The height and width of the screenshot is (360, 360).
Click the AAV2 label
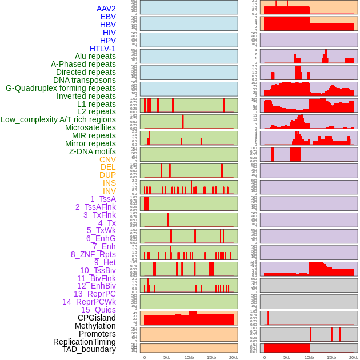pyautogui.click(x=106, y=9)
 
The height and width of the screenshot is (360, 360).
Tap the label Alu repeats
pyautogui.click(x=95, y=57)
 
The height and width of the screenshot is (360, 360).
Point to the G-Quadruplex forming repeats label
pyautogui.click(x=61, y=88)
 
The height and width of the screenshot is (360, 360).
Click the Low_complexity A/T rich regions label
pyautogui.click(x=58, y=120)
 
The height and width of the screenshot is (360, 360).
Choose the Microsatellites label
pyautogui.click(x=90, y=128)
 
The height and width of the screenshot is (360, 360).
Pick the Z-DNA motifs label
pyautogui.click(x=92, y=151)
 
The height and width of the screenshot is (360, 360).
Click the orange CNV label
pyautogui.click(x=107, y=159)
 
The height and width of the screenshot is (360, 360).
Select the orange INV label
pyautogui.click(x=109, y=191)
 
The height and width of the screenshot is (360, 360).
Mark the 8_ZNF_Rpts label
pyautogui.click(x=93, y=254)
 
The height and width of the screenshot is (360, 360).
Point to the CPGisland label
pyautogui.click(x=97, y=318)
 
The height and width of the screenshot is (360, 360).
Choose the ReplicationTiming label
pyautogui.click(x=84, y=342)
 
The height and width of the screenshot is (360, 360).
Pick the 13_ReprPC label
pyautogui.click(x=94, y=294)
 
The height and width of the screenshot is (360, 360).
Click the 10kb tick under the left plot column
pyautogui.click(x=189, y=358)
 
